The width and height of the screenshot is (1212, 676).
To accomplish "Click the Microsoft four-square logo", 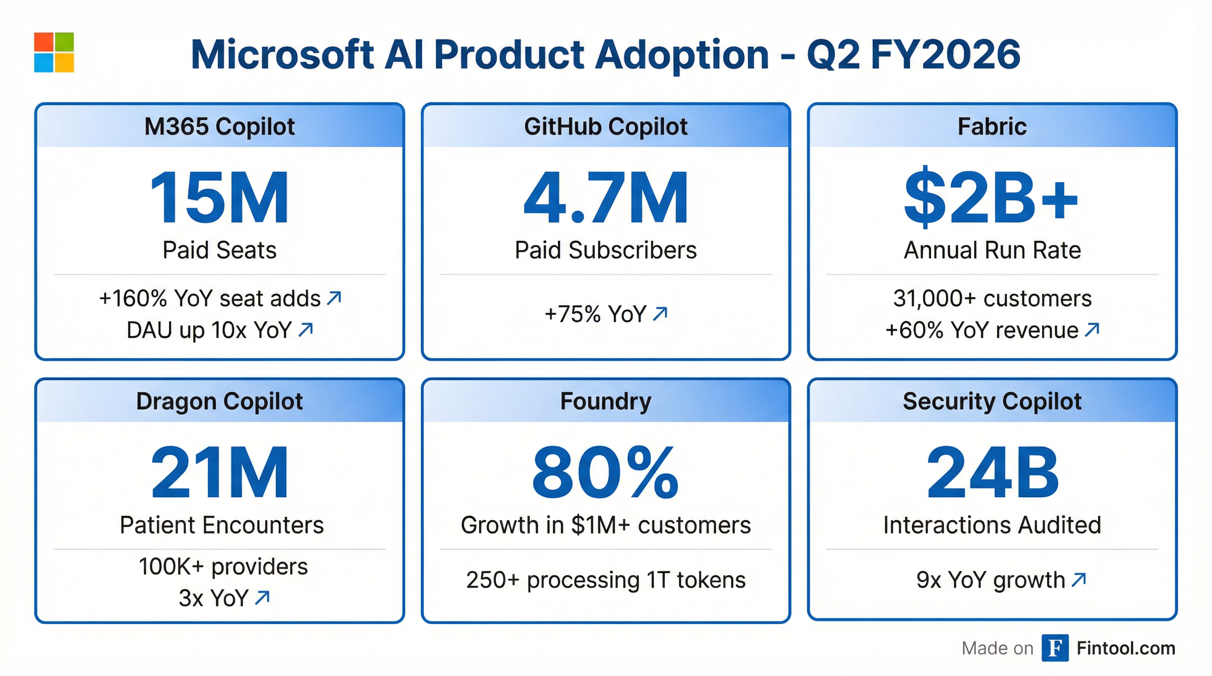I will (54, 52).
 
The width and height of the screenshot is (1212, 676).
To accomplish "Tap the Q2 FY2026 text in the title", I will (913, 55).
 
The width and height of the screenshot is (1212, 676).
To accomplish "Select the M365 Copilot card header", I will (219, 126).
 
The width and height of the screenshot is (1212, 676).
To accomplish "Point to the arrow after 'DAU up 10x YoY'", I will (306, 330).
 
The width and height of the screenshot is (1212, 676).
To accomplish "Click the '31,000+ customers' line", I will (992, 298).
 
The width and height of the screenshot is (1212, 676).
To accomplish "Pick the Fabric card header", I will (992, 126).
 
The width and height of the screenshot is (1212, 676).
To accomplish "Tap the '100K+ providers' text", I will (223, 566).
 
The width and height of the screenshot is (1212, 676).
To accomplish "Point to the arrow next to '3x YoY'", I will (262, 598).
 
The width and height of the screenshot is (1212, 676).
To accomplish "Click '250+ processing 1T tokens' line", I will (606, 580).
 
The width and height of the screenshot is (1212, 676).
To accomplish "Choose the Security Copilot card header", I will (992, 401).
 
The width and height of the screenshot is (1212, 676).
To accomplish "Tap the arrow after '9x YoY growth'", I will (1079, 580).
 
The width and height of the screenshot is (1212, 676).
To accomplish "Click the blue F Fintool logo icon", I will (1054, 648).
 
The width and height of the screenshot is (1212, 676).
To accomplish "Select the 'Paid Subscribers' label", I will (606, 250).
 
